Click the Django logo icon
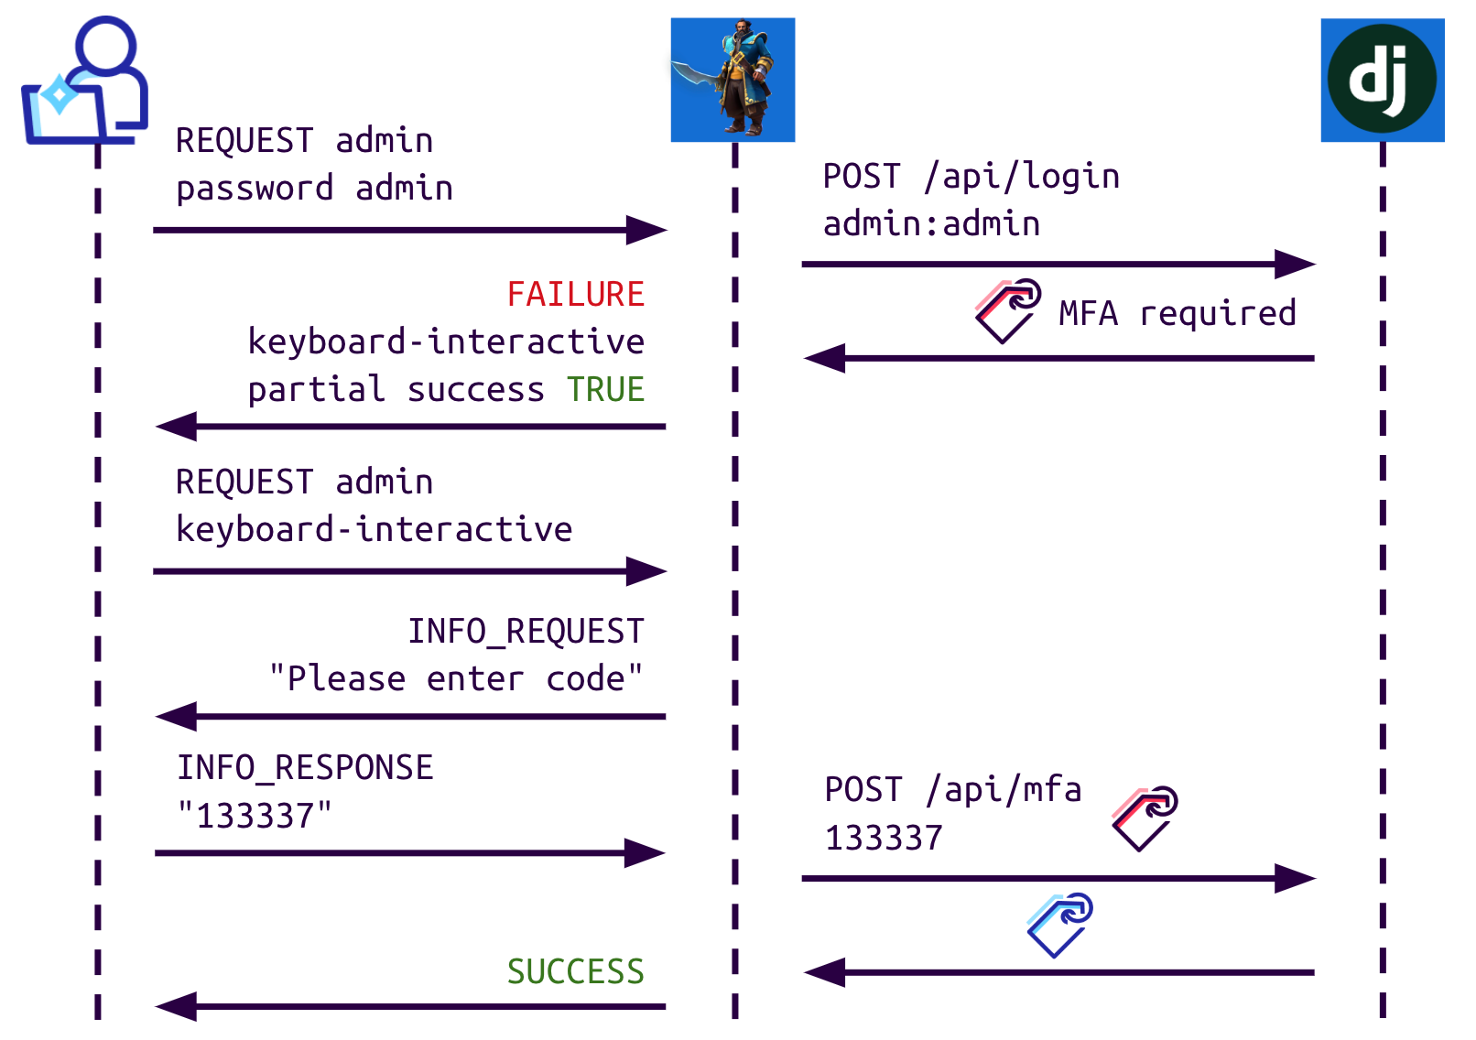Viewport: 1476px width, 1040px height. [1382, 80]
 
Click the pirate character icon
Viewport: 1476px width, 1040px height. [733, 80]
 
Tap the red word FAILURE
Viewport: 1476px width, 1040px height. [576, 295]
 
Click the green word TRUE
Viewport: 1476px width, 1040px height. [605, 390]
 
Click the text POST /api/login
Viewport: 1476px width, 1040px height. [971, 177]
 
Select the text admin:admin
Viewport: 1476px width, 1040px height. [931, 224]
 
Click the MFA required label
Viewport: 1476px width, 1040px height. [1178, 314]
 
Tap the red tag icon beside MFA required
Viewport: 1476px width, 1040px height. [1007, 311]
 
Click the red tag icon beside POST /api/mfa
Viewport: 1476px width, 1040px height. [1145, 818]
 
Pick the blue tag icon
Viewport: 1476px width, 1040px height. [1059, 925]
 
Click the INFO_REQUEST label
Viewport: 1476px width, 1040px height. [526, 632]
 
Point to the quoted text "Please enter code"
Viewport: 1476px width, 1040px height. [456, 679]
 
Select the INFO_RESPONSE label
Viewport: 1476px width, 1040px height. [305, 768]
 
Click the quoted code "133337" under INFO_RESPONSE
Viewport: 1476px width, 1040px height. [255, 816]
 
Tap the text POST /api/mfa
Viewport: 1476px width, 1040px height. [952, 790]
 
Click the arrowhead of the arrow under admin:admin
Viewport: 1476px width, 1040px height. [1296, 265]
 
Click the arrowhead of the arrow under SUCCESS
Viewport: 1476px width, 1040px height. [176, 1007]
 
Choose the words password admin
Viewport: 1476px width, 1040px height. [314, 189]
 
